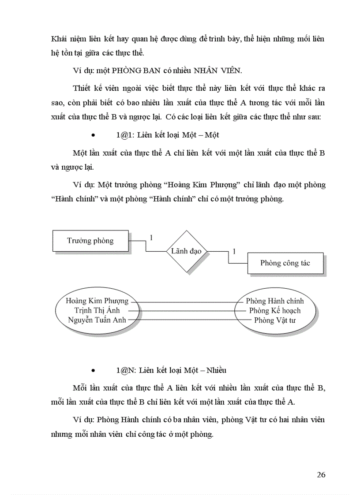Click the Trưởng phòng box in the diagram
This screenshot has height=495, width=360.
(x=90, y=241)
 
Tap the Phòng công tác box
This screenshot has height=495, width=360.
(x=285, y=263)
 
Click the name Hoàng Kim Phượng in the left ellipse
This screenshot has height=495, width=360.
(x=97, y=301)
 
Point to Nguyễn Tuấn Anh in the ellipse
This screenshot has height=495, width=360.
(x=97, y=320)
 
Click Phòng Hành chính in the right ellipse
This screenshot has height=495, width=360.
(x=275, y=301)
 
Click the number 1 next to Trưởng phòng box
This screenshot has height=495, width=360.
(x=151, y=238)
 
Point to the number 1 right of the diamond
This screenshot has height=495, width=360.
(x=234, y=251)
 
